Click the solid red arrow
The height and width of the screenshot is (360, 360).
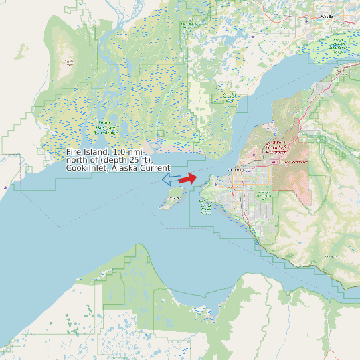click(x=188, y=179)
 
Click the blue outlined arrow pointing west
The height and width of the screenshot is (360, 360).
click(x=170, y=179)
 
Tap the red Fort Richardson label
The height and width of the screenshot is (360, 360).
click(x=296, y=161)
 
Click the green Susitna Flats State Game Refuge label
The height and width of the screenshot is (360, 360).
click(x=105, y=128)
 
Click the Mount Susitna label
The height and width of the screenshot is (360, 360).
click(x=69, y=63)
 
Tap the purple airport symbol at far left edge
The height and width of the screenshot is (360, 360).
click(x=6, y=188)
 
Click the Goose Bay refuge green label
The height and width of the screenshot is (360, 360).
click(x=229, y=96)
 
